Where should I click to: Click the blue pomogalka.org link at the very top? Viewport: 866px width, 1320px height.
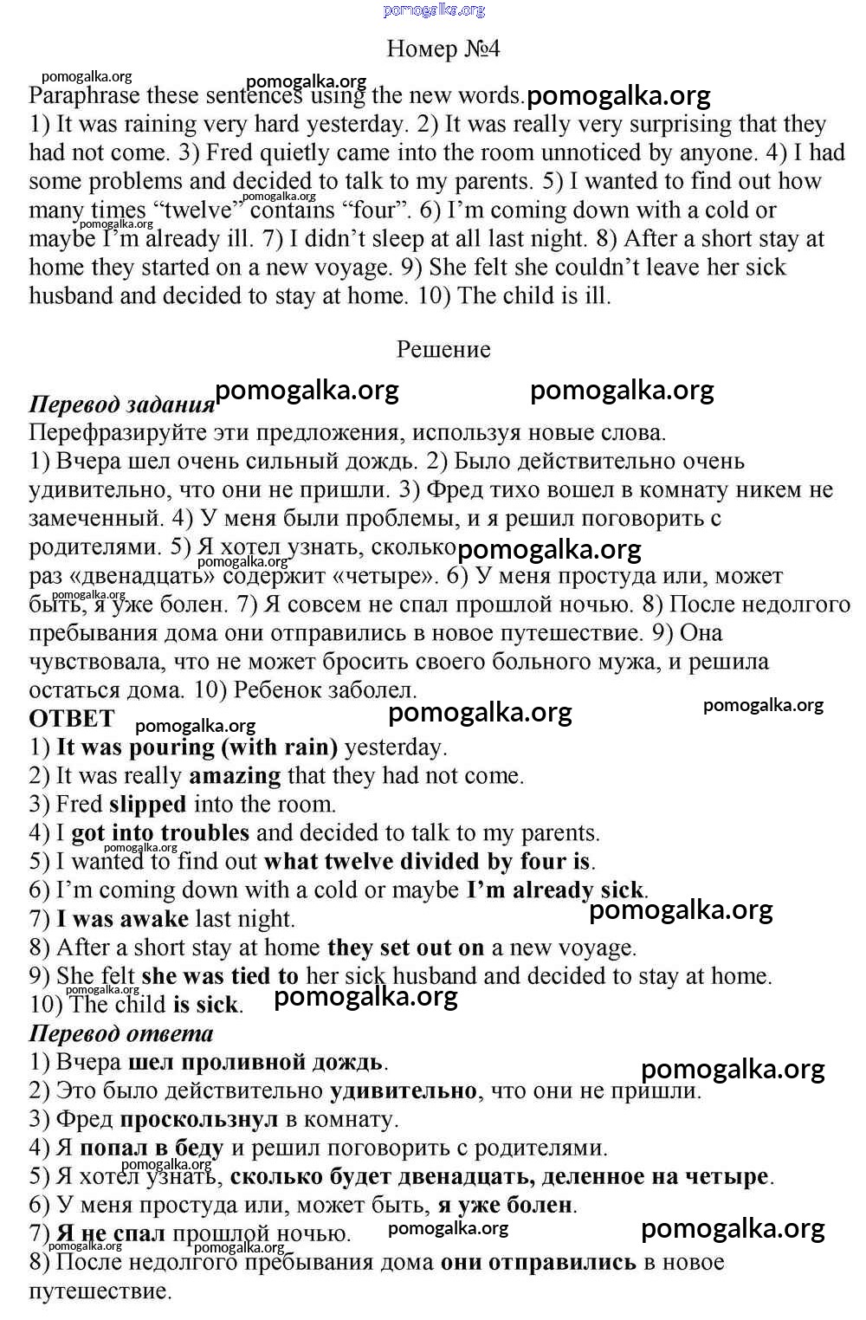[434, 10]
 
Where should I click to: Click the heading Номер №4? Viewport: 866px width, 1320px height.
[443, 49]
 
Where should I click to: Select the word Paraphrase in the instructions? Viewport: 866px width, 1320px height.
[83, 96]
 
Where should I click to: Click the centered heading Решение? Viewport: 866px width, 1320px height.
[443, 349]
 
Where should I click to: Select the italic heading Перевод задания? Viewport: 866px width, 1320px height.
[121, 404]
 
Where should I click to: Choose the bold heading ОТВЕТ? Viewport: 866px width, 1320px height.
[72, 719]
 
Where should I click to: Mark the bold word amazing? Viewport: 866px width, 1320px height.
[235, 775]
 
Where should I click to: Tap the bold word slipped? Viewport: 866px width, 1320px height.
[147, 804]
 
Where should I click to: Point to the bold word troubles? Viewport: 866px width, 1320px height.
[205, 832]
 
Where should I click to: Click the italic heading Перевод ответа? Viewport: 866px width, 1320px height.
[121, 1033]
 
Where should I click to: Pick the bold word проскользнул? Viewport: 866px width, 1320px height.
[199, 1119]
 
